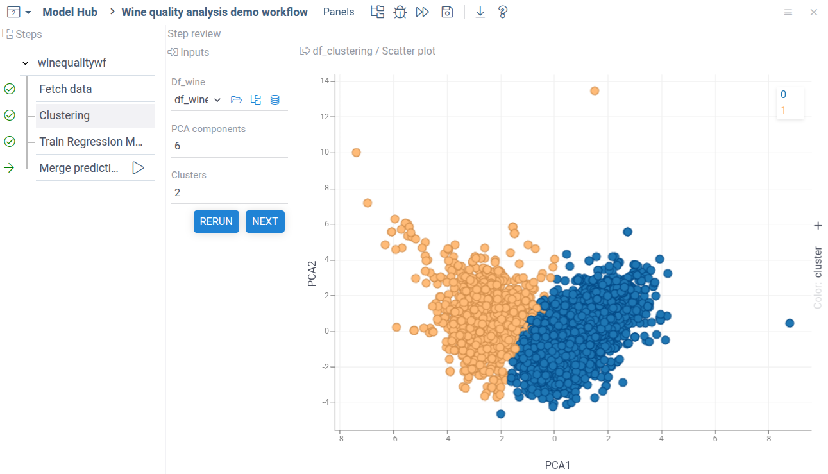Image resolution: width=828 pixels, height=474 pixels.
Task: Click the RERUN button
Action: click(216, 221)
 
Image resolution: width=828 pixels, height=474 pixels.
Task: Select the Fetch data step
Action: click(65, 89)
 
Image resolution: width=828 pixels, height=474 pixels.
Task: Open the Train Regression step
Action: click(90, 142)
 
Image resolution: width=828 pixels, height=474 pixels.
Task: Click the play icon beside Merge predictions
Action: click(138, 168)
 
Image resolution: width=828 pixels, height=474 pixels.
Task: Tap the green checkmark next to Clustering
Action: click(10, 115)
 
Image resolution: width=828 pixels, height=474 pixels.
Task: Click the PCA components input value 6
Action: click(178, 146)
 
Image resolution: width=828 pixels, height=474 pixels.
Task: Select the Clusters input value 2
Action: click(178, 192)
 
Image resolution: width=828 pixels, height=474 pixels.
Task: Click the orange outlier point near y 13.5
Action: click(595, 90)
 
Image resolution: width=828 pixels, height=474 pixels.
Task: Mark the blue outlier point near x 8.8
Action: click(790, 323)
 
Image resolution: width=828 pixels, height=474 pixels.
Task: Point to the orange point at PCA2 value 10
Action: click(356, 153)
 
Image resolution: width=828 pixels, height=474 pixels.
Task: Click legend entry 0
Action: click(783, 95)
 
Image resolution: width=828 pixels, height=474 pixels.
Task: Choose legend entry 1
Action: click(783, 111)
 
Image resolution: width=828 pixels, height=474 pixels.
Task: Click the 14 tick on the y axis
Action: click(325, 81)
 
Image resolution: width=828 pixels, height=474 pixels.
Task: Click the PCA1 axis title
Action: click(557, 465)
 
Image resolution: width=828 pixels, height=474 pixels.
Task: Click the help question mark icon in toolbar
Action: click(503, 12)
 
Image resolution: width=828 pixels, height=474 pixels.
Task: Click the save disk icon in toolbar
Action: click(447, 12)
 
